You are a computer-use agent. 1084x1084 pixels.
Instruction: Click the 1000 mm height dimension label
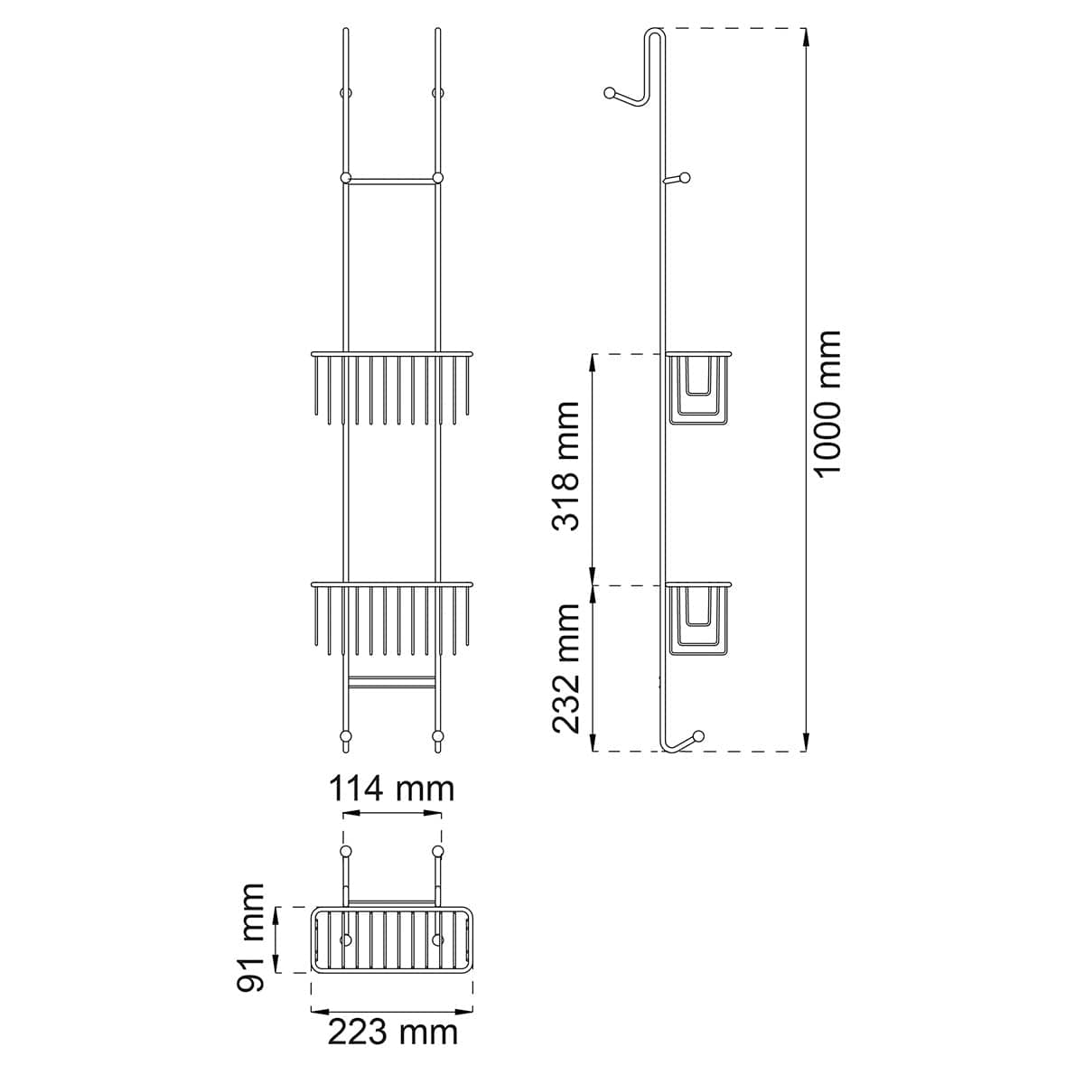coord(827,404)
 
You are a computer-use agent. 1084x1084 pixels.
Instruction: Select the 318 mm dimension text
coord(565,466)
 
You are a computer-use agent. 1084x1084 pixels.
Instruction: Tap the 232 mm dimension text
coord(565,668)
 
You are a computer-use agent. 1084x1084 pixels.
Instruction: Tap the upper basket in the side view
coord(698,388)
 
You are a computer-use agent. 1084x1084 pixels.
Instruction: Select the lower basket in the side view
coord(698,620)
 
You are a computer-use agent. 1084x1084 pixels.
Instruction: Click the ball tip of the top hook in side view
coord(610,93)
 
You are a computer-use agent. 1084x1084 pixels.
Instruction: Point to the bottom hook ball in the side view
coord(698,736)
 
